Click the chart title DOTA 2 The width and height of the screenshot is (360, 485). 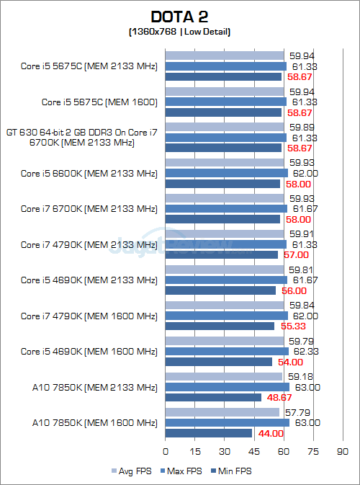179,16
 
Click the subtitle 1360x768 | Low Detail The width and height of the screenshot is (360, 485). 179,32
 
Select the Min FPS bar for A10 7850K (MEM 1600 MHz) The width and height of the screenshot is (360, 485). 209,433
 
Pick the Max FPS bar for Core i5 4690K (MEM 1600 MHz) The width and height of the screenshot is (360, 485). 227,351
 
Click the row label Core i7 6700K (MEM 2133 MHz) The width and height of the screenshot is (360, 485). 89,209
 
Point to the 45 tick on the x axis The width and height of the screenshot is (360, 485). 254,451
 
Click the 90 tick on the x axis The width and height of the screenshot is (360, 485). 342,451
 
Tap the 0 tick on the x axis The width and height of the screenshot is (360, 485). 166,451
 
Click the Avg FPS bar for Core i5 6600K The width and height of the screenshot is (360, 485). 225,162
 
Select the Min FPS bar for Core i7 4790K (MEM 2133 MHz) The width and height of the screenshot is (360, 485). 222,254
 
